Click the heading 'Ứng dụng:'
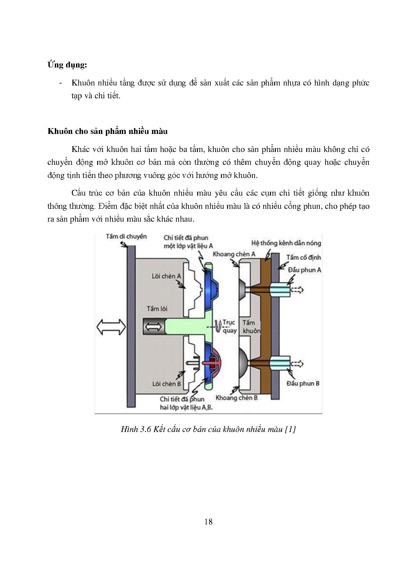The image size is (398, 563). click(x=67, y=65)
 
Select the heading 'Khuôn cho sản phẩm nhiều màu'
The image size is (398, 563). click(x=107, y=131)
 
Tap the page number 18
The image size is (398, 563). click(x=208, y=522)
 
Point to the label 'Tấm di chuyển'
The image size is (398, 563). click(x=126, y=236)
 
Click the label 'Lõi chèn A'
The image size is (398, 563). click(x=166, y=276)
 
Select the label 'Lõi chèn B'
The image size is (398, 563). click(x=166, y=384)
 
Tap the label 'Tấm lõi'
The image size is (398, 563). click(x=157, y=309)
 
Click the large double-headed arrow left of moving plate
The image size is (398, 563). click(x=111, y=327)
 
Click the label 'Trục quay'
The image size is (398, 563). click(x=229, y=326)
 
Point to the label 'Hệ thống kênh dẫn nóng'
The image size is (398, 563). click(x=286, y=243)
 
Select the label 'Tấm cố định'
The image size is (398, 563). click(x=303, y=257)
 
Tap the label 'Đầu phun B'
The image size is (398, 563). click(x=303, y=383)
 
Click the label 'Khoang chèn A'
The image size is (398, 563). click(x=234, y=254)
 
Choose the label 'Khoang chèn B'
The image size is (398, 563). click(x=237, y=398)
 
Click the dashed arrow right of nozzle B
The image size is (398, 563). click(x=297, y=364)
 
